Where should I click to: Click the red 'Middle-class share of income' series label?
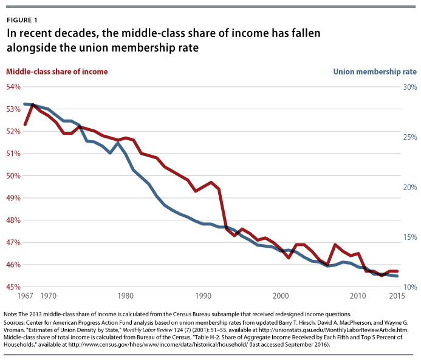pos(57,72)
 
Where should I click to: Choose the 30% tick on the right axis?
pos(409,87)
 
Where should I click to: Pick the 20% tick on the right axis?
pos(409,187)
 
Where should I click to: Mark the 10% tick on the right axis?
pos(409,287)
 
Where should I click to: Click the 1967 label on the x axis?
pos(25,296)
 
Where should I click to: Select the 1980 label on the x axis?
pos(126,296)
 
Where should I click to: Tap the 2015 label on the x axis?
pos(397,296)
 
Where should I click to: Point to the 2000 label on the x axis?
pos(281,296)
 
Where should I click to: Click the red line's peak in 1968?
pos(32,104)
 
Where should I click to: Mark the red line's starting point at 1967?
pos(25,125)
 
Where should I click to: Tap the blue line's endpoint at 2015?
pos(397,276)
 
